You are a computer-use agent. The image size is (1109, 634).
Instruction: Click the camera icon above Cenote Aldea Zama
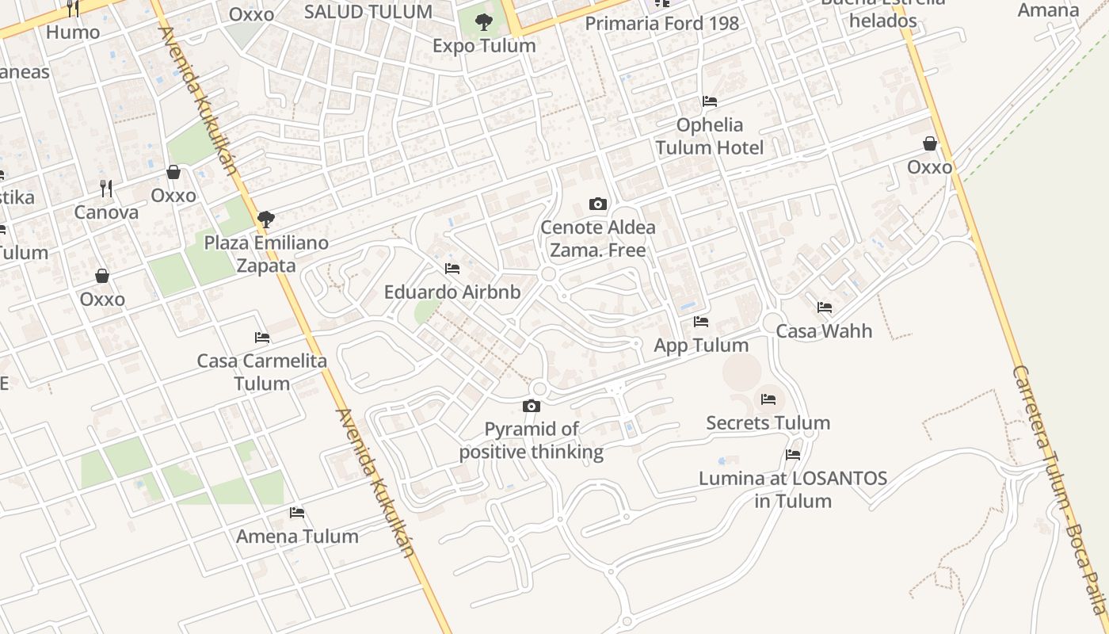[x=598, y=204]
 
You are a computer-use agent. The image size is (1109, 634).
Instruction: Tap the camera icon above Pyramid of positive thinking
[x=532, y=407]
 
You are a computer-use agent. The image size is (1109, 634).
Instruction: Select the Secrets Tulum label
[x=768, y=423]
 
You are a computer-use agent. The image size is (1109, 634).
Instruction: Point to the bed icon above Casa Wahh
[x=825, y=307]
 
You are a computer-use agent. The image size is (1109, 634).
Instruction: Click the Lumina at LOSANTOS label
[x=793, y=490]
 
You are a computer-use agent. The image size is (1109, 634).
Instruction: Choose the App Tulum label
[x=701, y=346]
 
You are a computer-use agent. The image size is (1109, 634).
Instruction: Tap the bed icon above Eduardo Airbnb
[x=452, y=269]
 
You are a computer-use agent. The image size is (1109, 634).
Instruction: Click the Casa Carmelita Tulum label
[x=262, y=372]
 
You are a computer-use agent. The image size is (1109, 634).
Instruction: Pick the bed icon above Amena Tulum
[x=297, y=513]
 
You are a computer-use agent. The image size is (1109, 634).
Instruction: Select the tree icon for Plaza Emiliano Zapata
[x=266, y=219]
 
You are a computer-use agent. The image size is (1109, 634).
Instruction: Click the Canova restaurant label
[x=106, y=212]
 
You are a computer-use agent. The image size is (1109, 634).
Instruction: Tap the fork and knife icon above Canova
[x=106, y=189]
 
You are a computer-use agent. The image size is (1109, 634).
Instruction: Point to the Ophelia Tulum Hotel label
[x=709, y=136]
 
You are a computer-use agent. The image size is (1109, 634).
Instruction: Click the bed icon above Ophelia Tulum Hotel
[x=710, y=101]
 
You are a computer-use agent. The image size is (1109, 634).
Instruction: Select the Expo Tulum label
[x=484, y=46]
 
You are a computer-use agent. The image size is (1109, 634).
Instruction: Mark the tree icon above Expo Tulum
[x=483, y=22]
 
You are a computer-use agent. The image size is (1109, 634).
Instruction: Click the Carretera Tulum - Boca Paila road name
[x=1058, y=491]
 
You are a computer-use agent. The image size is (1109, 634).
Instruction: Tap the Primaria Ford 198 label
[x=661, y=24]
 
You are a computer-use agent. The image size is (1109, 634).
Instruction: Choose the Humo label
[x=73, y=32]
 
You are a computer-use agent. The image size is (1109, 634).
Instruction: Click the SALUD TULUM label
[x=368, y=12]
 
